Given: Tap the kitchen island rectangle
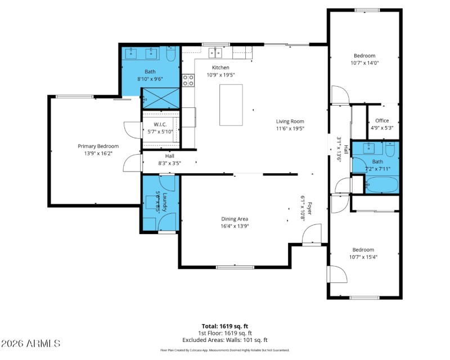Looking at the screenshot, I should point(231,105).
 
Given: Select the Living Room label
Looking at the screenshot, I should point(290,121).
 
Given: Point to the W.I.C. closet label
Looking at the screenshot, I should point(160,124).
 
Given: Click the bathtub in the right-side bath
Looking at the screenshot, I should point(382,184).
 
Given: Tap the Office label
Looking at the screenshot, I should point(382,120).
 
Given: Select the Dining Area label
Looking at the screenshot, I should point(235,219).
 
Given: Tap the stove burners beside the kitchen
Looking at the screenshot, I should point(188,80).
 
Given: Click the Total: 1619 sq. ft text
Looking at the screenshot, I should point(224,326).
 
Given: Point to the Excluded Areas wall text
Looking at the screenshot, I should point(224,340).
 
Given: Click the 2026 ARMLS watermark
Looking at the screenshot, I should point(31,343).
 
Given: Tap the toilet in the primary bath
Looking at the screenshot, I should point(172,55).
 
